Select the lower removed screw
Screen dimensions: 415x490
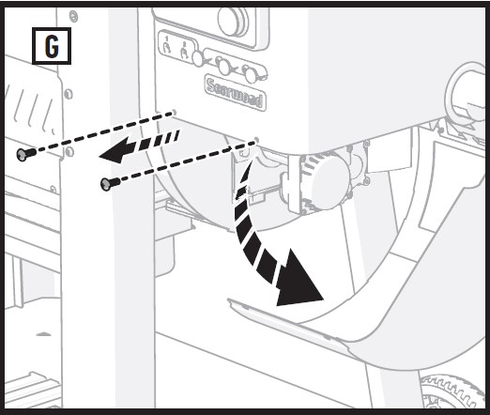[108, 182]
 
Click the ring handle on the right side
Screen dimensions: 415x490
[466, 95]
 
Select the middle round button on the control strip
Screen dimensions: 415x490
[223, 66]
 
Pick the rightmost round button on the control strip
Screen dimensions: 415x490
[249, 72]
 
